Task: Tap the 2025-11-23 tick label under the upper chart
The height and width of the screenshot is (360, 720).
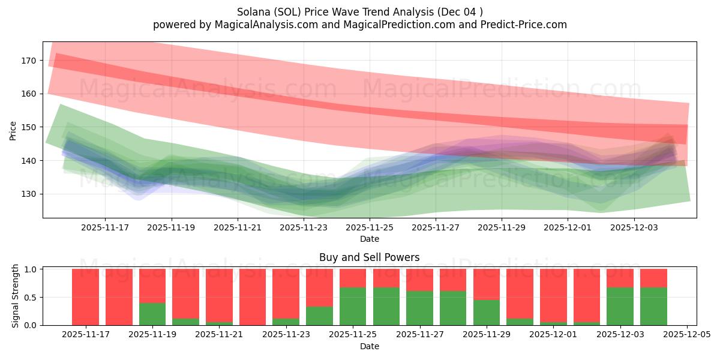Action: pos(304,227)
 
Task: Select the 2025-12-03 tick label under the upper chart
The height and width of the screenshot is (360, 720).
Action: pos(635,227)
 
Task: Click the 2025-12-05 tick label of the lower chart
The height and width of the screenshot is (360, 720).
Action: pos(687,335)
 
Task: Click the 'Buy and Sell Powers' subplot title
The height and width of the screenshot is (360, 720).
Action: pos(369,257)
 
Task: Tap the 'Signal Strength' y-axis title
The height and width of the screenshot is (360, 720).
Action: pos(16,296)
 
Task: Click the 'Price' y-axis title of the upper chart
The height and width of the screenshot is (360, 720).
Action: pos(13,130)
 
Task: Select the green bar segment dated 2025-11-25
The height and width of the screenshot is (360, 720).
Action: pos(353,307)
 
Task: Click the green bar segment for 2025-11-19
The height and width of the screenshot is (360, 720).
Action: pos(152,314)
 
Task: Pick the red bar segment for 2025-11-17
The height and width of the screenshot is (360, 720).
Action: pos(85,296)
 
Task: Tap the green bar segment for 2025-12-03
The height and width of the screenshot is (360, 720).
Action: pos(620,307)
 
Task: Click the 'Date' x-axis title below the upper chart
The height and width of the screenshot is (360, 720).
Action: pos(369,239)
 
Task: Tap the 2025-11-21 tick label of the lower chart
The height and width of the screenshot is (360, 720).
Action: pos(220,335)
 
